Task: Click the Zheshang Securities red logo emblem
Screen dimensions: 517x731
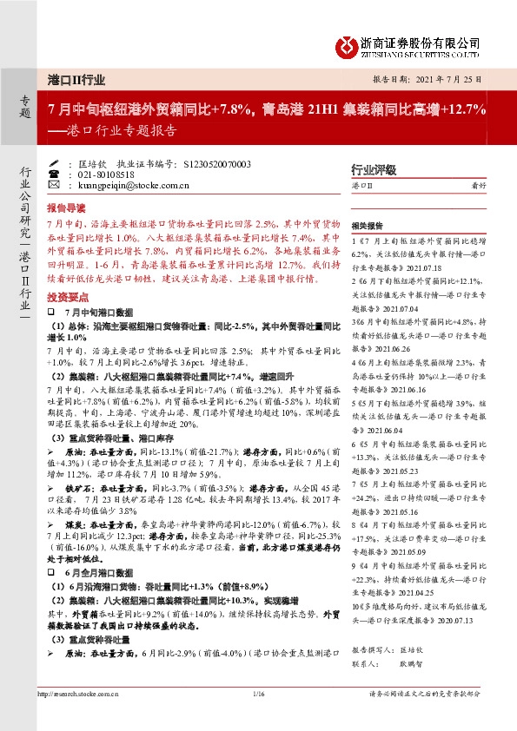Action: [347, 43]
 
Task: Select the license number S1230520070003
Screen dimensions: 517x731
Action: [218, 163]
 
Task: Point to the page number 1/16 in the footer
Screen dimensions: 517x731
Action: [257, 694]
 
